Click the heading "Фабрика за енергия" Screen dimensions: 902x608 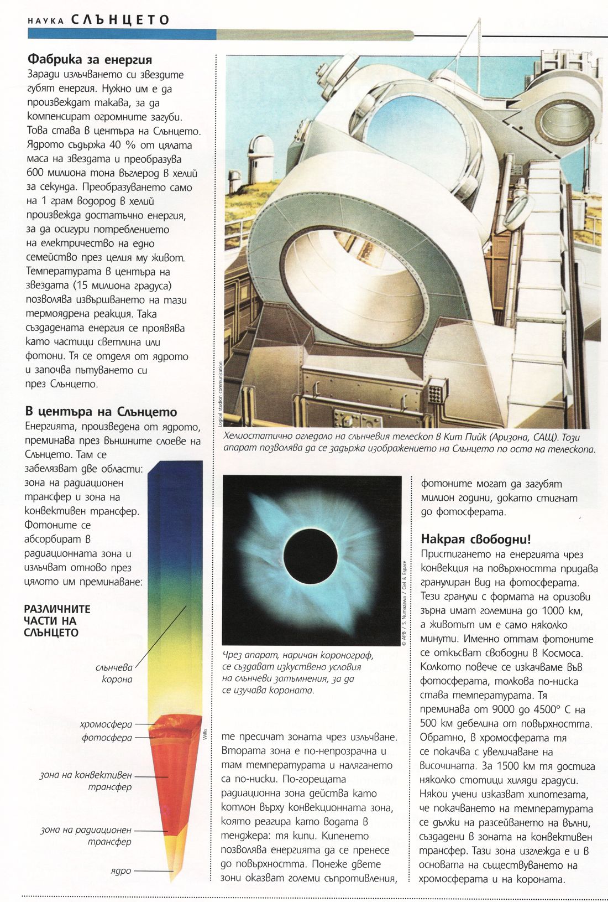pos(90,59)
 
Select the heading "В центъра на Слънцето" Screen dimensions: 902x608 pos(101,412)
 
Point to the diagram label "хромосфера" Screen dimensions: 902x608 pos(106,724)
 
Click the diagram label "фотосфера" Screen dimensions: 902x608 pos(107,738)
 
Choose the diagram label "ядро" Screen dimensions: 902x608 pos(121,870)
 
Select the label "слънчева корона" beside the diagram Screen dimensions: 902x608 pos(114,673)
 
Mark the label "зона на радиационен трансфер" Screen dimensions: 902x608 pos(86,836)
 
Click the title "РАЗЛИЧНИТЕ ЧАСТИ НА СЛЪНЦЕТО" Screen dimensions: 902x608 pos(57,621)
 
